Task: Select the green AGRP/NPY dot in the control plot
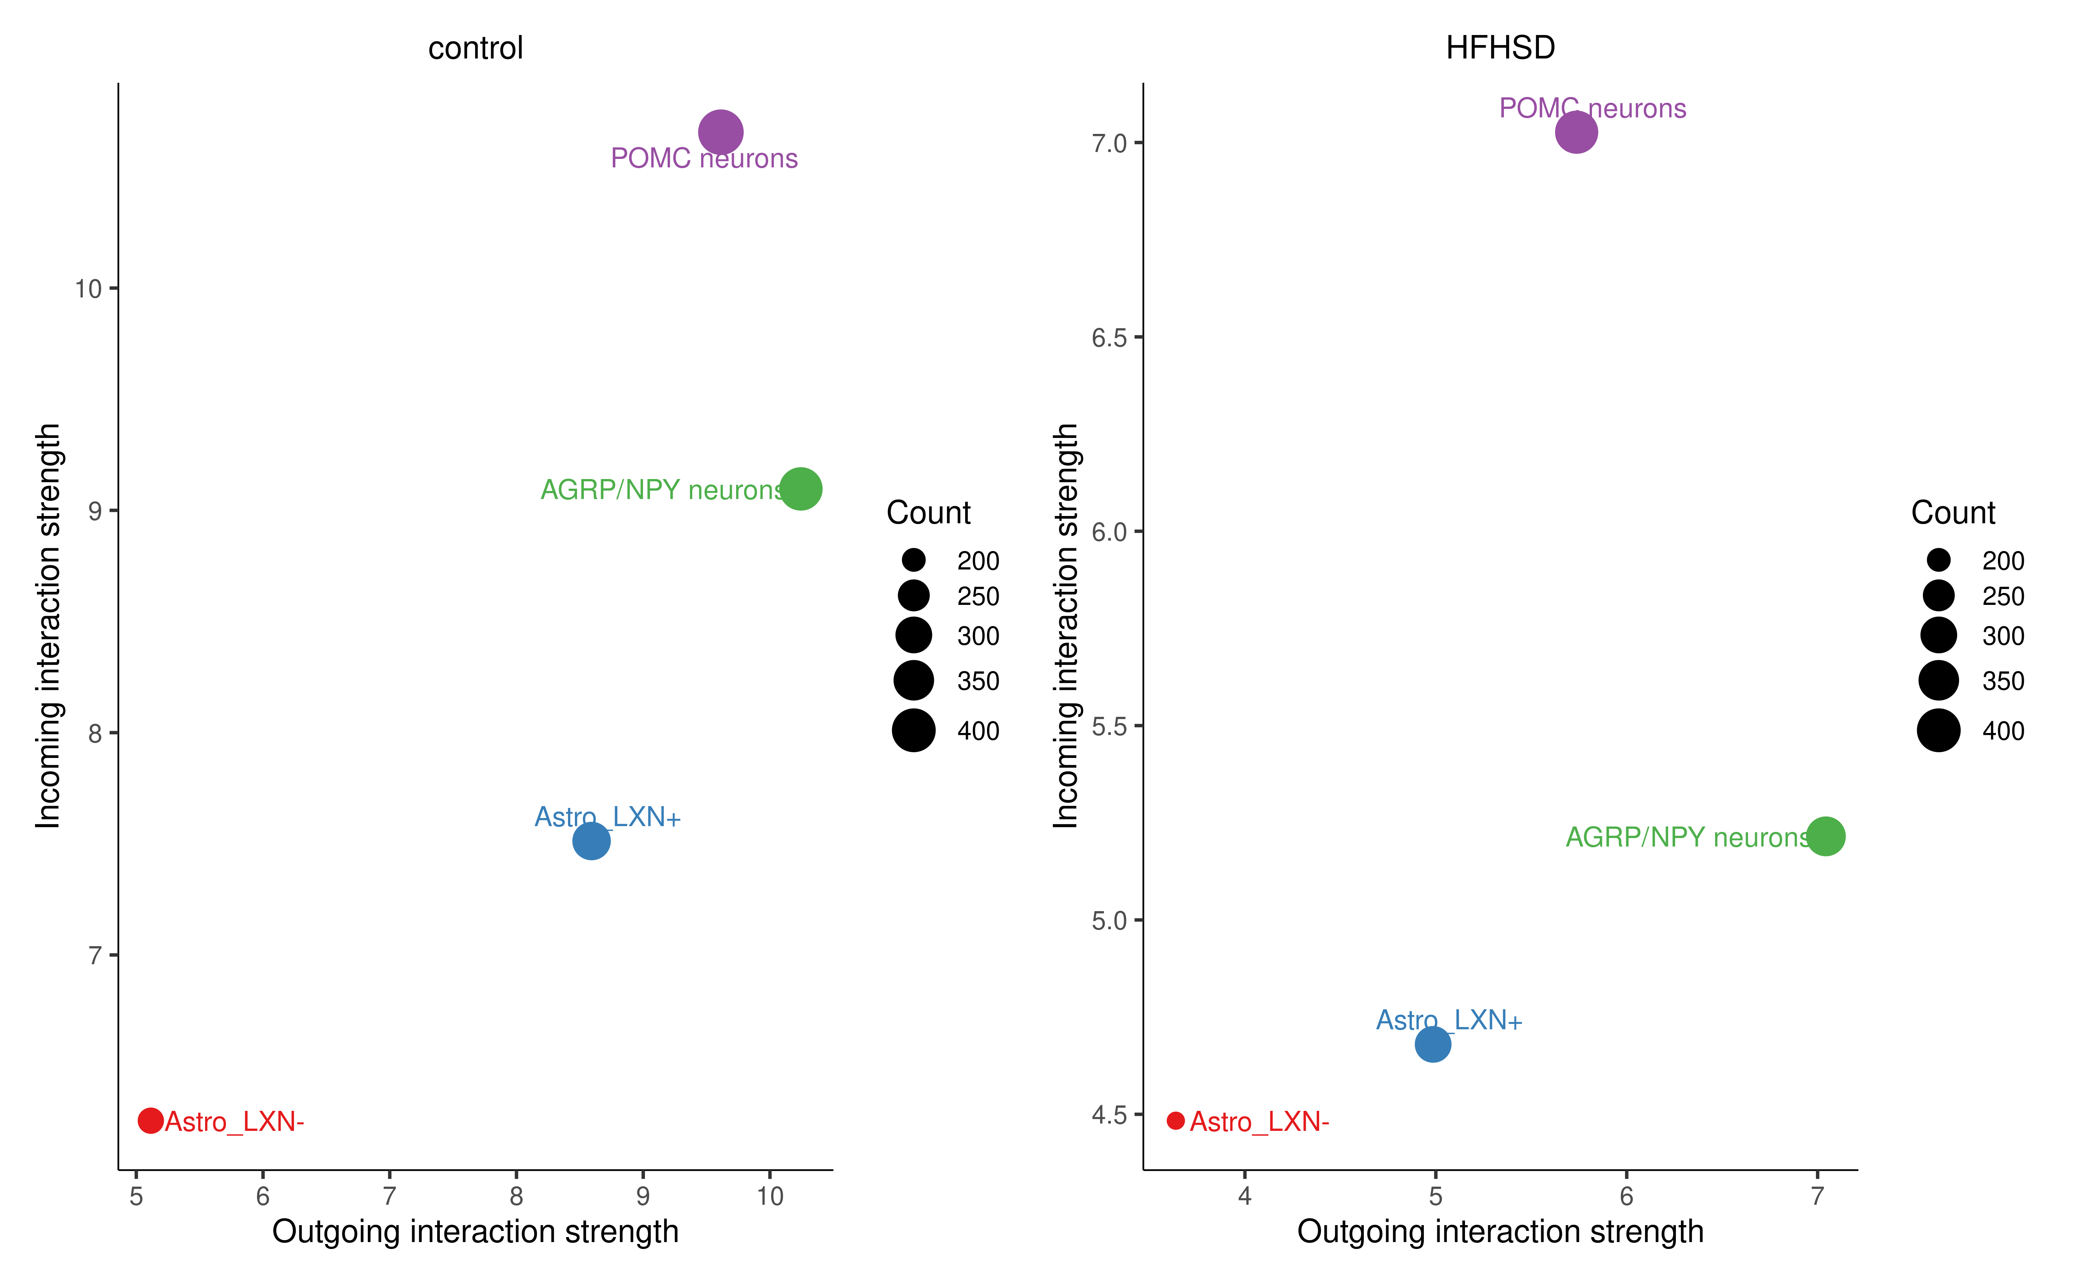[x=800, y=489]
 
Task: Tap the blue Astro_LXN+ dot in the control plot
[x=591, y=841]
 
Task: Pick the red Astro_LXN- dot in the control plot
[x=150, y=1121]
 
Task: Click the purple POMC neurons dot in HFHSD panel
[x=1576, y=132]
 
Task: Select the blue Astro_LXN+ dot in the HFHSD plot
[x=1433, y=1044]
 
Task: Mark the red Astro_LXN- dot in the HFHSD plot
[x=1175, y=1121]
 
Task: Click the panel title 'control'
[x=476, y=48]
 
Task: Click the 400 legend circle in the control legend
[x=914, y=730]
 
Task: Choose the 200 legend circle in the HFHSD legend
[x=1939, y=559]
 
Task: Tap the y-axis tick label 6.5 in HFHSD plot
[x=1109, y=338]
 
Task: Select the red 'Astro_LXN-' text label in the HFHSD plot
[x=1259, y=1122]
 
